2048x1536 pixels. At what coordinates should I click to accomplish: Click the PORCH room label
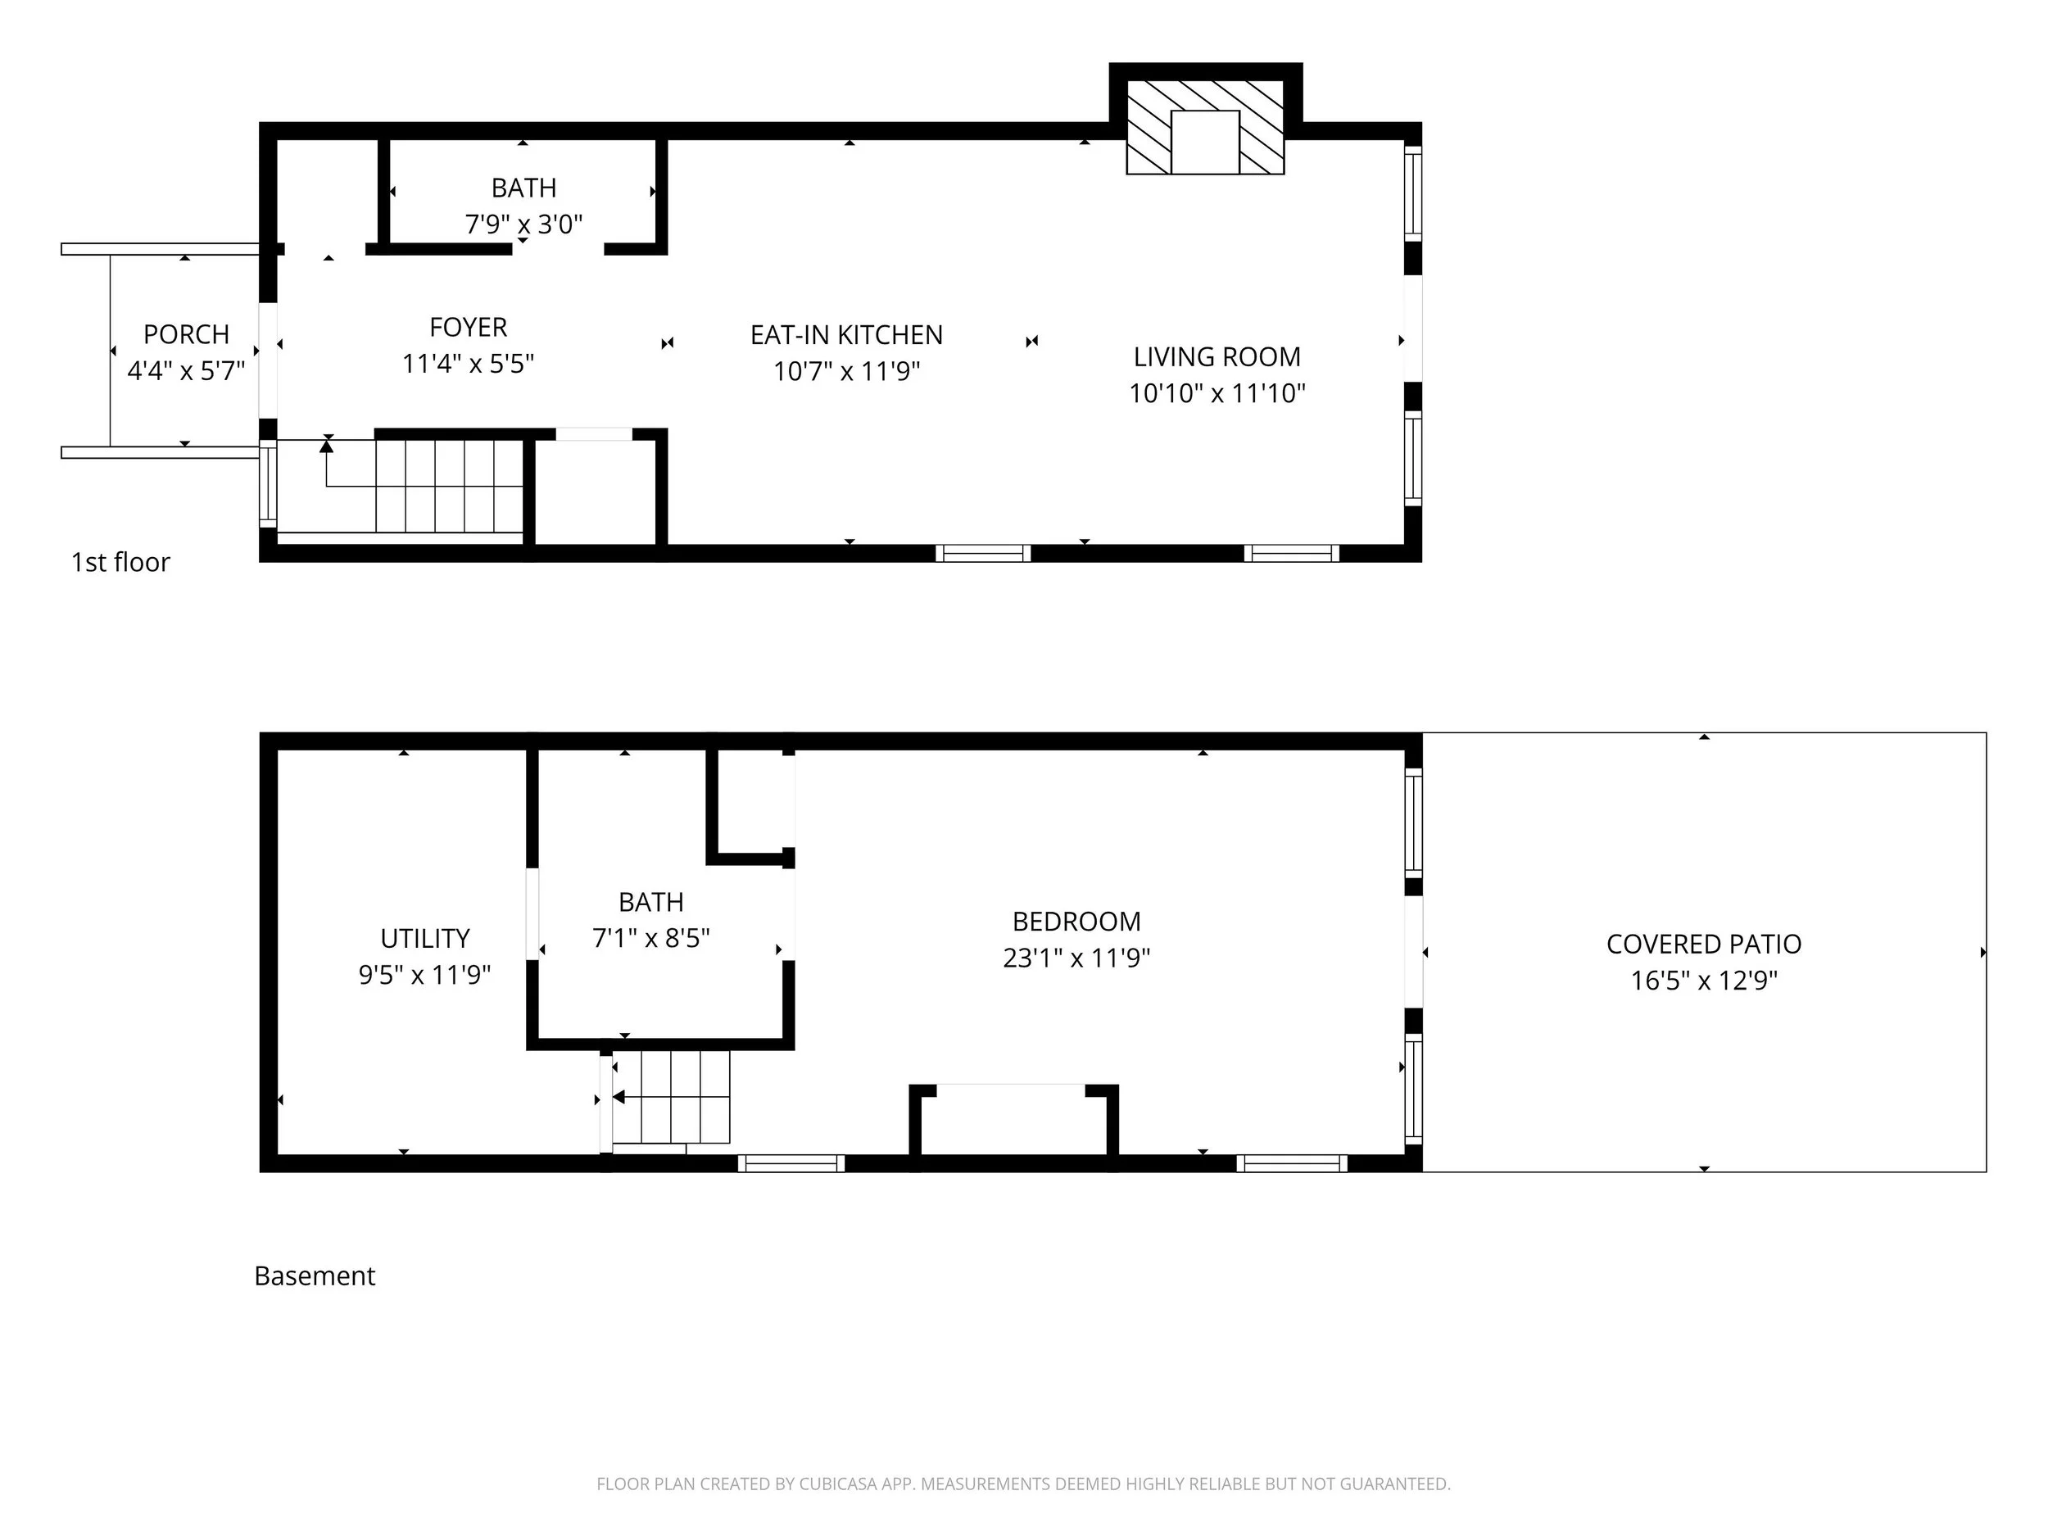[x=186, y=334]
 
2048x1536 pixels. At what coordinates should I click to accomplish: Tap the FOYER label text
[x=469, y=328]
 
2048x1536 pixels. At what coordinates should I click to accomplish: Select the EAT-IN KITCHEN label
[x=846, y=335]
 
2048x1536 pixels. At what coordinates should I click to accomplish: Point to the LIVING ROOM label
[x=1217, y=356]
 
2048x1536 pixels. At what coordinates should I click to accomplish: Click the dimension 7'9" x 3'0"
[x=524, y=224]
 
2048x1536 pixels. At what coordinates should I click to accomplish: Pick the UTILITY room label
[x=425, y=939]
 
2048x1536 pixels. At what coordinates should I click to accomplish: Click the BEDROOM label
[x=1076, y=922]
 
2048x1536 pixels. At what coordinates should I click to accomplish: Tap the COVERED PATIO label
[x=1704, y=945]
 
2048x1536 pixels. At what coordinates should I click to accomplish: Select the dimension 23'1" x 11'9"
[x=1076, y=958]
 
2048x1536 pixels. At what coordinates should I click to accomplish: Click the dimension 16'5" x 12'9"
[x=1704, y=981]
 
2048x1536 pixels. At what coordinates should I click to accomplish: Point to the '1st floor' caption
[x=121, y=562]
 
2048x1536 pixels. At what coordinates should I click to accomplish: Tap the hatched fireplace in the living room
[x=1206, y=127]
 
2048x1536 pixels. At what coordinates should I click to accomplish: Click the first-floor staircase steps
[x=449, y=486]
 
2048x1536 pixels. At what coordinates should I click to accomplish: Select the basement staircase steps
[x=671, y=1097]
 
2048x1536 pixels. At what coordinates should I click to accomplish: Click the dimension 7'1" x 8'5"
[x=651, y=939]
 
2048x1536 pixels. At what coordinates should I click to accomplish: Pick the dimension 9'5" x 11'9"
[x=425, y=975]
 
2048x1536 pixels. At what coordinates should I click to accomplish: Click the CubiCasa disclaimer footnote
[x=1023, y=1484]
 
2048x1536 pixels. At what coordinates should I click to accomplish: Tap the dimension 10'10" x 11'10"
[x=1217, y=393]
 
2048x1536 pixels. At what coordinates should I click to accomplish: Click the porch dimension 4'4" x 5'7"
[x=186, y=371]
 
